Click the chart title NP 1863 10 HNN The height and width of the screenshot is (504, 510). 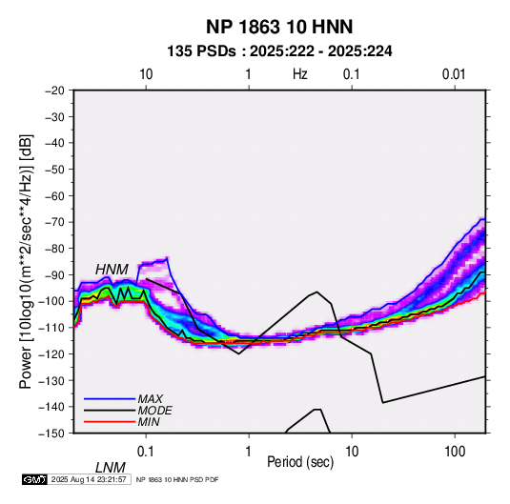279,27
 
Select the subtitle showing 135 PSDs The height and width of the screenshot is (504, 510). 279,51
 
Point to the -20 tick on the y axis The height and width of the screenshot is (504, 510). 54,91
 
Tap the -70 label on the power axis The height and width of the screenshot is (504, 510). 54,222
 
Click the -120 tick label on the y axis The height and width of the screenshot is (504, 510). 52,353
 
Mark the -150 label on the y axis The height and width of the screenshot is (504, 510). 52,433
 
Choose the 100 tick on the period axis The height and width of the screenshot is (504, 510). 455,452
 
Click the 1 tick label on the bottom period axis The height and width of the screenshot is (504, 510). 249,452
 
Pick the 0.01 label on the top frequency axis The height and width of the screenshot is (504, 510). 454,74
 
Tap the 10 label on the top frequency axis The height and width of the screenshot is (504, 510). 146,74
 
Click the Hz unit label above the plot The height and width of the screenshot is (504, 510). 300,74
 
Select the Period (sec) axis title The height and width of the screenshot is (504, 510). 300,462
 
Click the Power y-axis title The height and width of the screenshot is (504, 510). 26,261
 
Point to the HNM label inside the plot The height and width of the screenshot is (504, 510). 112,270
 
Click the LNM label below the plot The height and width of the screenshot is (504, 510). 111,468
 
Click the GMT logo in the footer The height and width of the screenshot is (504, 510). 34,479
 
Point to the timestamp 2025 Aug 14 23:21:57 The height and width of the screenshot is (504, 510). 89,479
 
